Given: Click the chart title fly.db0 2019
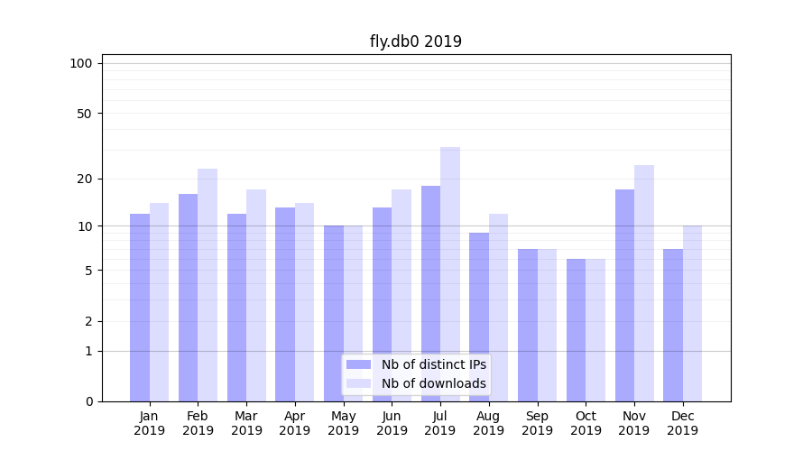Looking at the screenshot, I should (x=415, y=41).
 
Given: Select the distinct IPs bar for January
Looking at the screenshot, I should (x=140, y=307).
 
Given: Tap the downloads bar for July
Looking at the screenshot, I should (x=450, y=271).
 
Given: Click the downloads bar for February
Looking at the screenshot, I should (x=208, y=284).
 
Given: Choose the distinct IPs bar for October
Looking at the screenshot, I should (x=576, y=329).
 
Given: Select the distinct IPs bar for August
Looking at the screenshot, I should (x=479, y=316).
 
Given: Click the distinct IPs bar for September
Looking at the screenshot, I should (x=528, y=325).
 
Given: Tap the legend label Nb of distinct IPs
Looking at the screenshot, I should (x=433, y=364).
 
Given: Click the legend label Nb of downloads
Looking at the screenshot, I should (x=433, y=383).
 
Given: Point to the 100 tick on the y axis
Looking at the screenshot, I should (x=81, y=63).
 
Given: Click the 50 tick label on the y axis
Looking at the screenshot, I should (x=84, y=114).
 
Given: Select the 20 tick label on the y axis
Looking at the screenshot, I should (x=84, y=179).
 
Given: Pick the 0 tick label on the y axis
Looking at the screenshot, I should (x=88, y=401).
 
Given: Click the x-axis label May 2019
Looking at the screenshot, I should (x=344, y=423).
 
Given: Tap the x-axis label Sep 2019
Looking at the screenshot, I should (x=537, y=423).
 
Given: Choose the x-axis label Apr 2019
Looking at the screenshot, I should (x=295, y=423).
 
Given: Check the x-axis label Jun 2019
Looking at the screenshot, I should (x=392, y=423).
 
